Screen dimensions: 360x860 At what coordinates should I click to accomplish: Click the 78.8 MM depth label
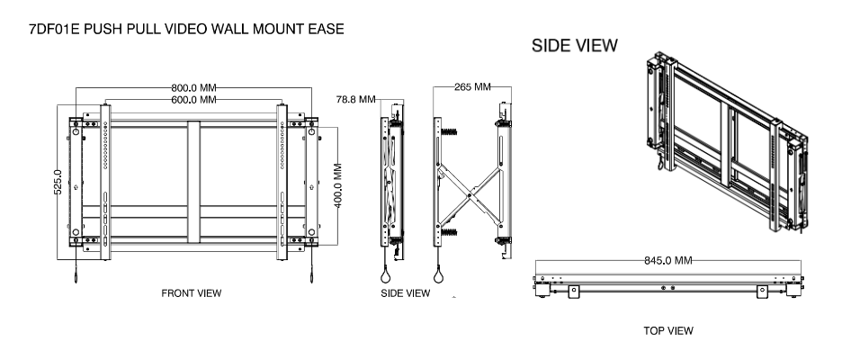tap(354, 99)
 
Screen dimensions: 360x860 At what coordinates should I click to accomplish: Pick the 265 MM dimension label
tap(472, 87)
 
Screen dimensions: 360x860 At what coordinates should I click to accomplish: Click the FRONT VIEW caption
tap(191, 292)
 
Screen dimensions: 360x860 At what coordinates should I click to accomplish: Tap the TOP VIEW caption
tap(668, 330)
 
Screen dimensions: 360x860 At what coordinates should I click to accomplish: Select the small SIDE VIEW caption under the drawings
tap(406, 292)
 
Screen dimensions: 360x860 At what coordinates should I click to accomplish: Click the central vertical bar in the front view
tap(193, 184)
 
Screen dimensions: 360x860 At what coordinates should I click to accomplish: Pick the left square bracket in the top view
tap(571, 290)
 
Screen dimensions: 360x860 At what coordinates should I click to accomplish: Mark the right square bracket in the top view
tap(762, 290)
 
